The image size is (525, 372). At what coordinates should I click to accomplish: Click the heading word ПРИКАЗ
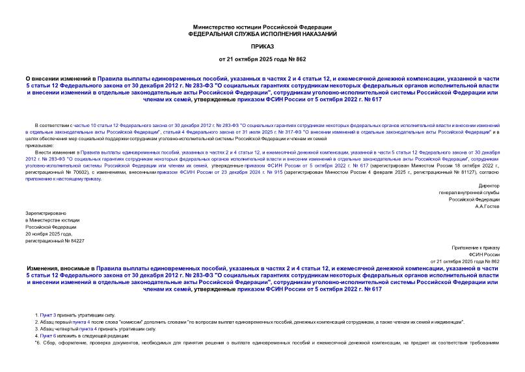(262, 47)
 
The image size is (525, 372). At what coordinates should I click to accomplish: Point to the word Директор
(488, 186)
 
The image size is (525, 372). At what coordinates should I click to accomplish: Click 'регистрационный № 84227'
(55, 240)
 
